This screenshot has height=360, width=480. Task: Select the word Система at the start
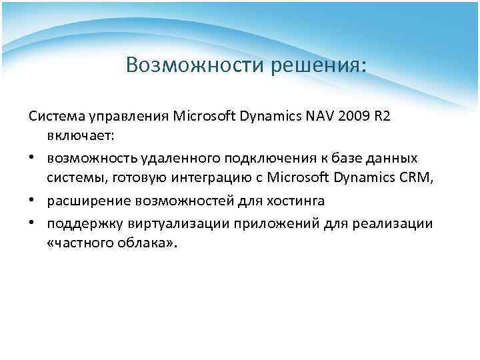pyautogui.click(x=55, y=117)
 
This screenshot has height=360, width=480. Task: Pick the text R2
pyautogui.click(x=381, y=117)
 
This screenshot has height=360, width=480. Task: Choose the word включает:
pyautogui.click(x=81, y=136)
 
